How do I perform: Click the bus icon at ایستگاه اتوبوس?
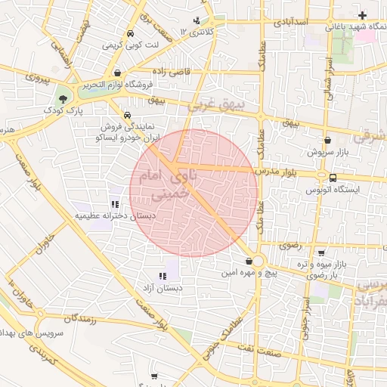click(x=333, y=178)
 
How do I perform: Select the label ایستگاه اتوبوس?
click(x=332, y=190)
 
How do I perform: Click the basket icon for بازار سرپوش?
click(x=327, y=140)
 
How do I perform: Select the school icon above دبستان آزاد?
click(x=163, y=276)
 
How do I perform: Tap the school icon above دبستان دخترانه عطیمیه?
click(x=115, y=204)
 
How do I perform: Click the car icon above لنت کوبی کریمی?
click(x=131, y=34)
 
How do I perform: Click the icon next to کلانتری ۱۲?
click(x=197, y=20)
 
